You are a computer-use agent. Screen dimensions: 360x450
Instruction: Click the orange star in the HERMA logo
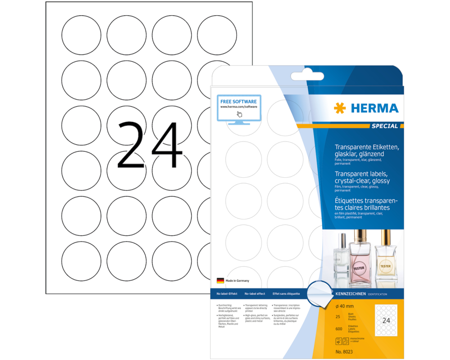[x=340, y=108]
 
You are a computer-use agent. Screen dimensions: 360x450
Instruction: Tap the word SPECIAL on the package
[x=385, y=126]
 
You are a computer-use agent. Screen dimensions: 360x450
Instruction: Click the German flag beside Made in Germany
[x=220, y=280]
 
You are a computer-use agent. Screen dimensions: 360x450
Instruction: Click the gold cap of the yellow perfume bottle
[x=386, y=236]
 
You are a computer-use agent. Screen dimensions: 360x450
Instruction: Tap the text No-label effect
[x=254, y=293]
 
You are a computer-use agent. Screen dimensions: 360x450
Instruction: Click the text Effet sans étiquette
[x=286, y=293]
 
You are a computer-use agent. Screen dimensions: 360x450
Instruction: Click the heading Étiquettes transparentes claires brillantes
[x=366, y=204]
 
